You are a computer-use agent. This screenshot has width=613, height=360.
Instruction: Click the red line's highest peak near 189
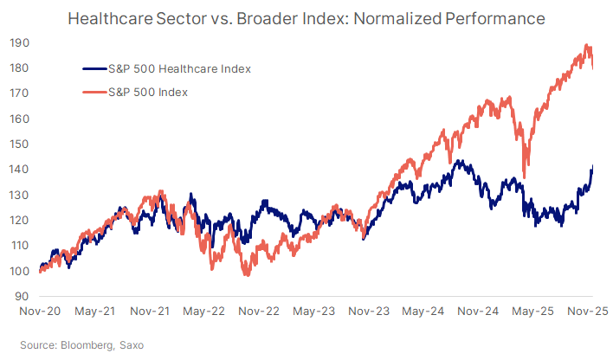coord(588,46)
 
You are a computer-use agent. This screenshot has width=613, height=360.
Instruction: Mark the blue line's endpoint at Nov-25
coord(592,167)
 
